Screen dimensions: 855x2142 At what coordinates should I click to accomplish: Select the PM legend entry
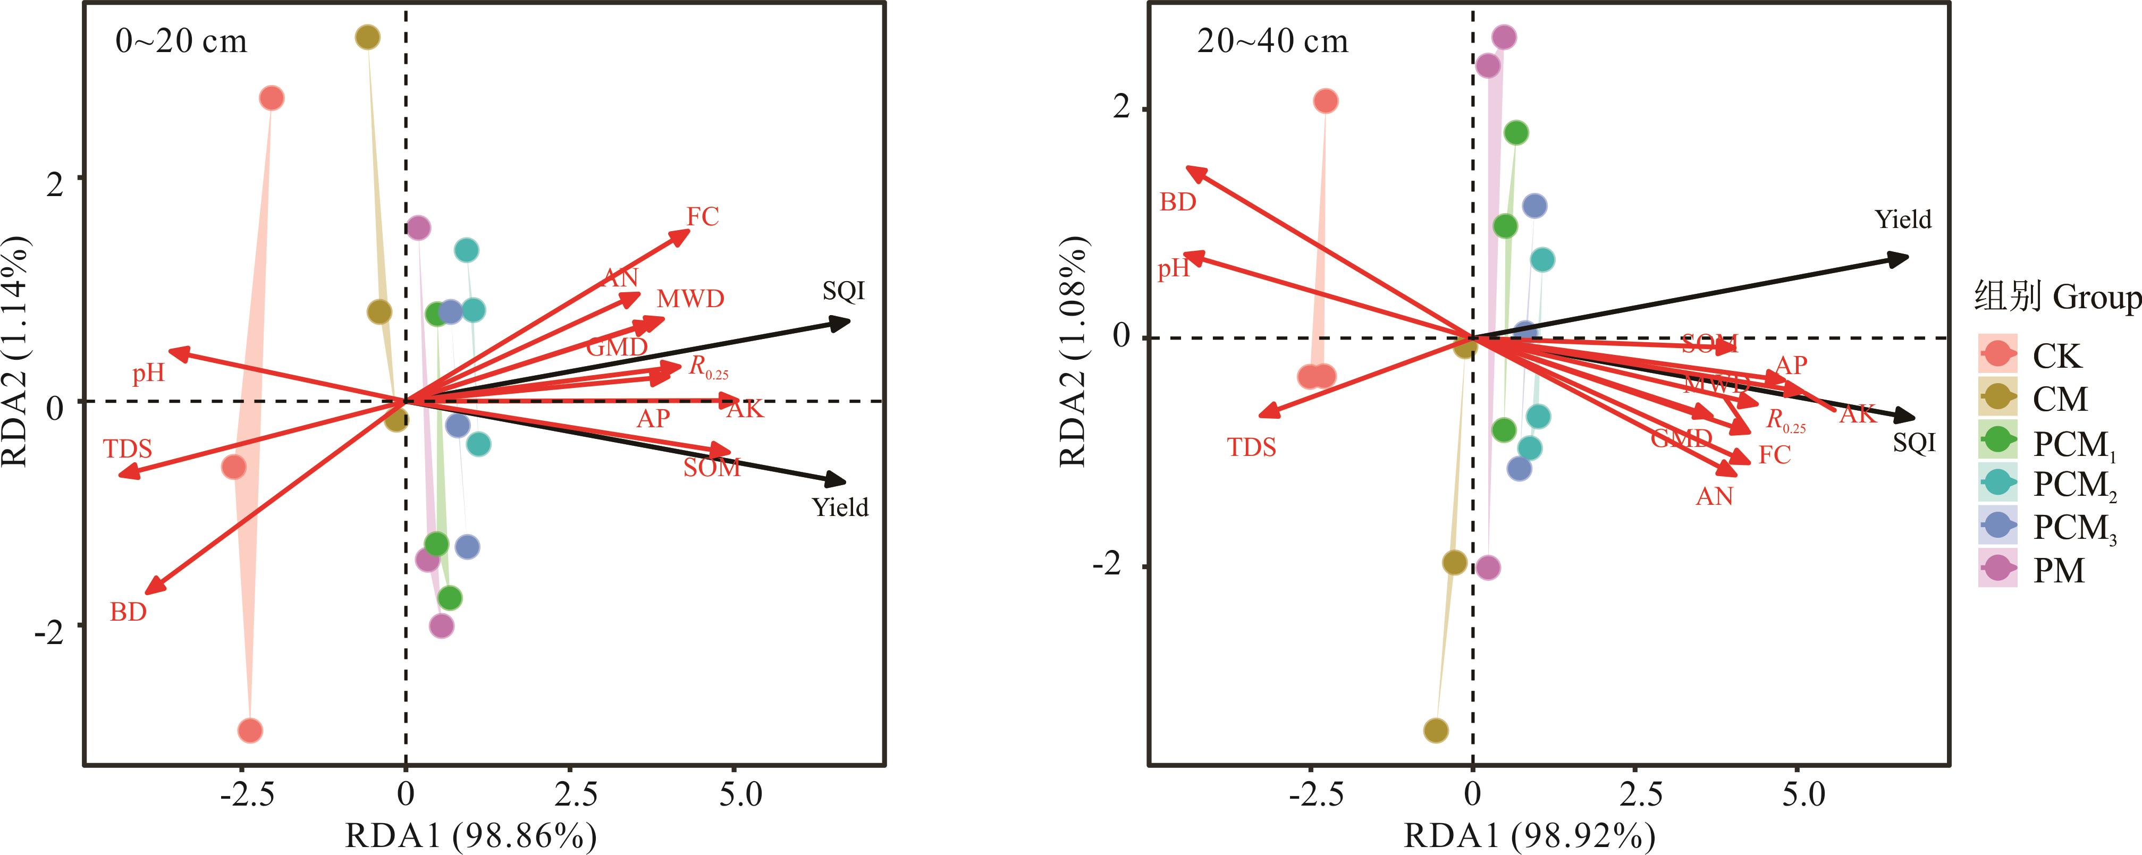click(2058, 571)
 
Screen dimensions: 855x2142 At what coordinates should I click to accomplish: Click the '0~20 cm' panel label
click(181, 41)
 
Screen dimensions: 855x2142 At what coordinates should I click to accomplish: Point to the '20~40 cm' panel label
click(1272, 41)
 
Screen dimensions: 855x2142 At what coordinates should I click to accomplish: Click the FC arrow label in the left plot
click(702, 217)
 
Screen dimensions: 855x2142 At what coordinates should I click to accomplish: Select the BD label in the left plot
click(128, 612)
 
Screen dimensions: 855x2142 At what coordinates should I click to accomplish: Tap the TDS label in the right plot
click(1251, 447)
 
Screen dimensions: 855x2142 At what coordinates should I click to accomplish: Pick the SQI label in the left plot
click(843, 291)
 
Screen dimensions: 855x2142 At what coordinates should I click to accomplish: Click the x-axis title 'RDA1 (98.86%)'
click(470, 835)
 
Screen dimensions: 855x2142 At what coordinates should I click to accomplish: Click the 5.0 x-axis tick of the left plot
click(740, 795)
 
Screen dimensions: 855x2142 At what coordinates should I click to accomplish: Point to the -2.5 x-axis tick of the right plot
click(1315, 795)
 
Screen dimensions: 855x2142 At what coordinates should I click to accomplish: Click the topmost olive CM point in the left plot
click(367, 37)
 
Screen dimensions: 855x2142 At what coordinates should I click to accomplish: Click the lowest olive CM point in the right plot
click(1435, 730)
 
